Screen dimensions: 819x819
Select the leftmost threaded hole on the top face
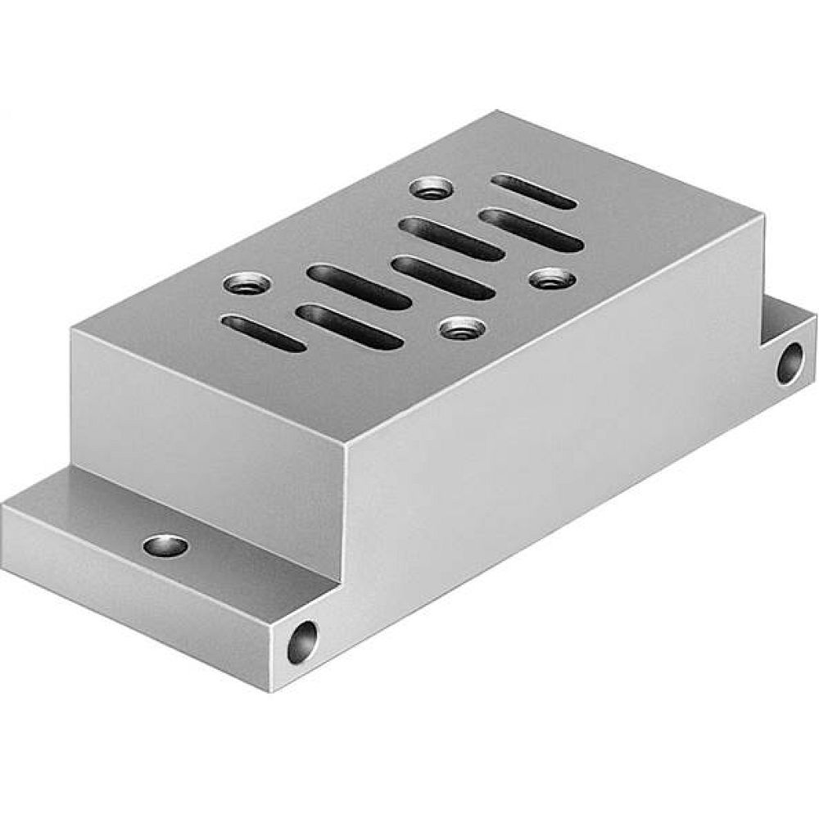click(247, 285)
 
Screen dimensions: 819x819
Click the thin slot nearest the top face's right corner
click(533, 191)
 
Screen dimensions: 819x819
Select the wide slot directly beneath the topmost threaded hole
click(451, 238)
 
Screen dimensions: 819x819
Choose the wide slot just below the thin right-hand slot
click(532, 229)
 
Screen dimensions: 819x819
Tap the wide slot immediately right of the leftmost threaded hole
click(359, 286)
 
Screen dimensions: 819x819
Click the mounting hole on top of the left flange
click(165, 545)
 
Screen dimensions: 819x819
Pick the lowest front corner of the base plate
click(272, 690)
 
